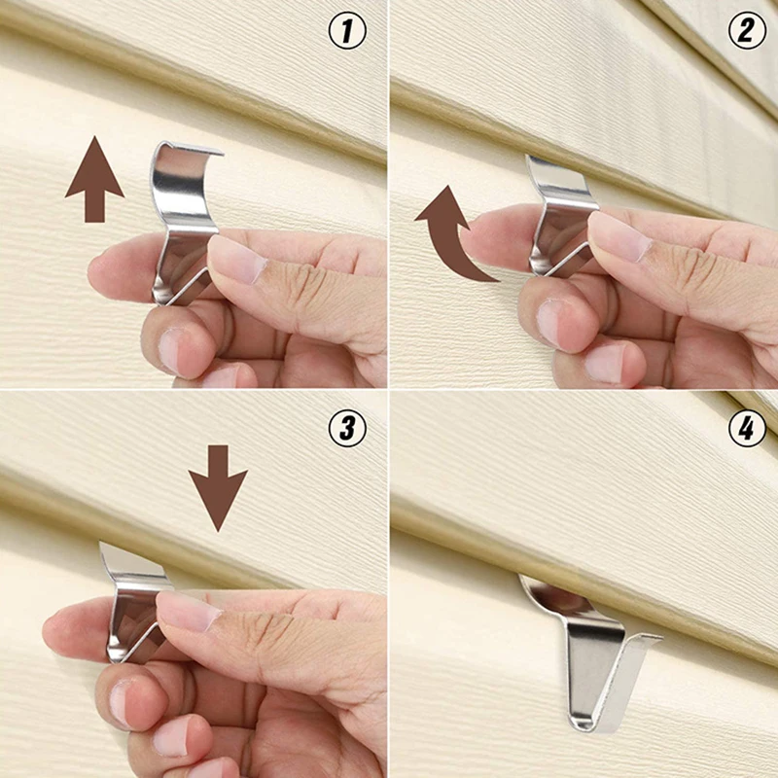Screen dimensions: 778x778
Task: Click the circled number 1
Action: pos(347,32)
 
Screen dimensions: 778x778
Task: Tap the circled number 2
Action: pos(747,32)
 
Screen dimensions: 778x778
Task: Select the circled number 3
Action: pos(347,427)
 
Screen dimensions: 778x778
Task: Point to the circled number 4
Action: pos(747,427)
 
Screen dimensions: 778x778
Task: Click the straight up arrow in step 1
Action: pos(94,179)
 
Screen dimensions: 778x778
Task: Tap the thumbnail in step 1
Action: pos(233,261)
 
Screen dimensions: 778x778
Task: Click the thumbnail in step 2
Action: pos(619,236)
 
